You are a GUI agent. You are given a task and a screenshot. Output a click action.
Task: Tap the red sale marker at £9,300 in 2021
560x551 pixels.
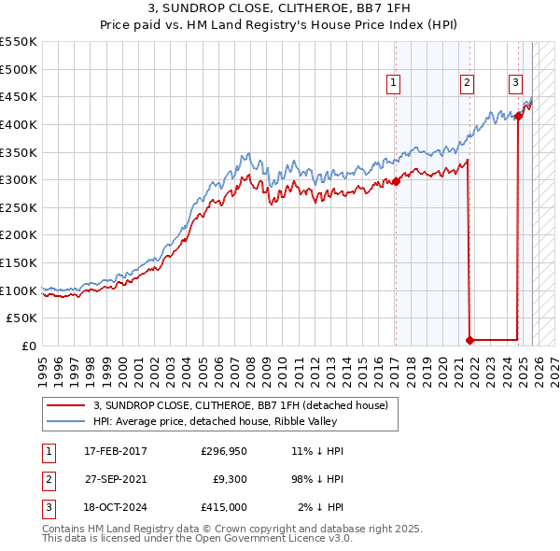click(471, 340)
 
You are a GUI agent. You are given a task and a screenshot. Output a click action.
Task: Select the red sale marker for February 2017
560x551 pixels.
click(396, 181)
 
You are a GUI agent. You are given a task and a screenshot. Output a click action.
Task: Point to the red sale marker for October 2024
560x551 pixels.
click(518, 116)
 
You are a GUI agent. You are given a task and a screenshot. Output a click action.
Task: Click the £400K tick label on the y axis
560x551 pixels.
click(19, 124)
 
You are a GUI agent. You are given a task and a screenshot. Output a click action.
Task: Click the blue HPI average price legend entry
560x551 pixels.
click(219, 421)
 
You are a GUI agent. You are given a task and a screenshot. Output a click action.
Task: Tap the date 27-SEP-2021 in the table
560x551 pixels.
click(115, 478)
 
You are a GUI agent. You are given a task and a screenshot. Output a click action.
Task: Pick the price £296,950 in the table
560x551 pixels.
click(223, 451)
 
